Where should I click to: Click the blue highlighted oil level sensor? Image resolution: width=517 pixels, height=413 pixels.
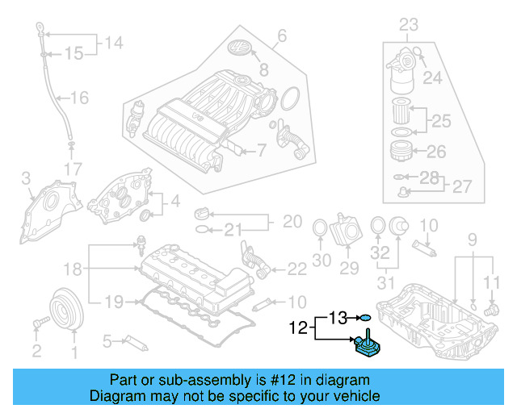(368, 345)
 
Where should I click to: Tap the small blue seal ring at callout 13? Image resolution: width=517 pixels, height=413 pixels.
(365, 317)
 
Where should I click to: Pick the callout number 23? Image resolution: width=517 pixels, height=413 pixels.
(410, 24)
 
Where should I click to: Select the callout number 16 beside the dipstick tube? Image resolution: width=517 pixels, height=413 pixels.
(78, 98)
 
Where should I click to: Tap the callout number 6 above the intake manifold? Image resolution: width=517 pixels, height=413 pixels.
(282, 35)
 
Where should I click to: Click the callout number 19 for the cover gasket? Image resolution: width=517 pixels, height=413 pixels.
(114, 302)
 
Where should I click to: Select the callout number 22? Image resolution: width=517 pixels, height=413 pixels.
(297, 268)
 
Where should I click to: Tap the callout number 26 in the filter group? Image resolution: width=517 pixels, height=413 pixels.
(435, 151)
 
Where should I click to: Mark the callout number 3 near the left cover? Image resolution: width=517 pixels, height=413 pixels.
(26, 177)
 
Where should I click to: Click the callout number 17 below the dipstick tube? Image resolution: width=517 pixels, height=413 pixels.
(73, 169)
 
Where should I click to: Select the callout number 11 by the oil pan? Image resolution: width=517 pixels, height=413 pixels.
(492, 281)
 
